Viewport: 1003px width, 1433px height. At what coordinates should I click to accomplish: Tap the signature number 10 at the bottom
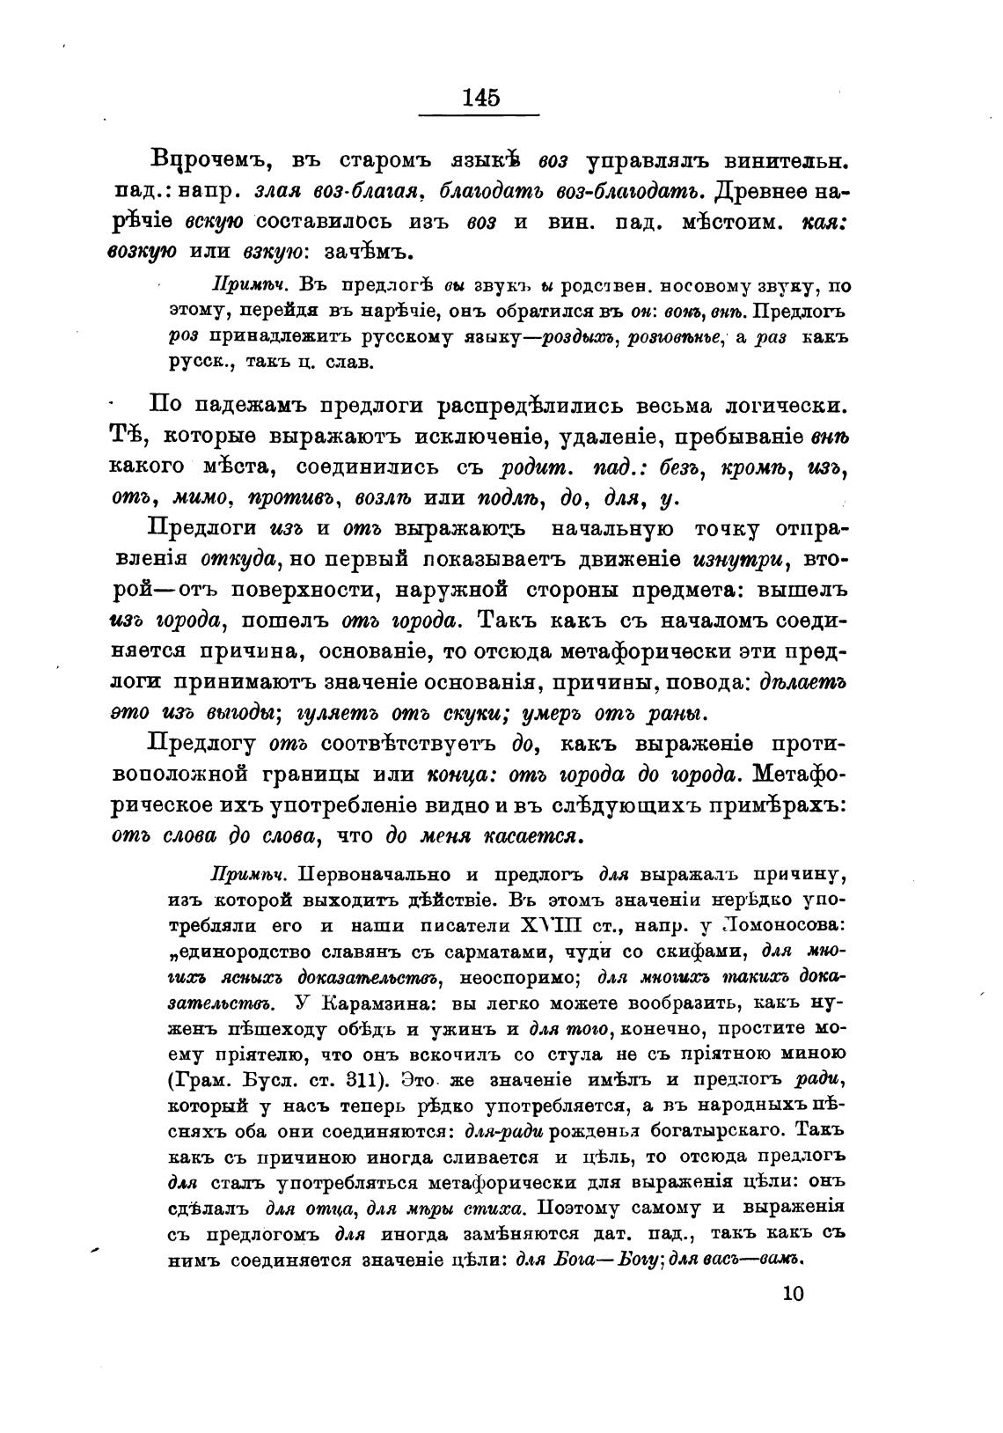(793, 1292)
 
